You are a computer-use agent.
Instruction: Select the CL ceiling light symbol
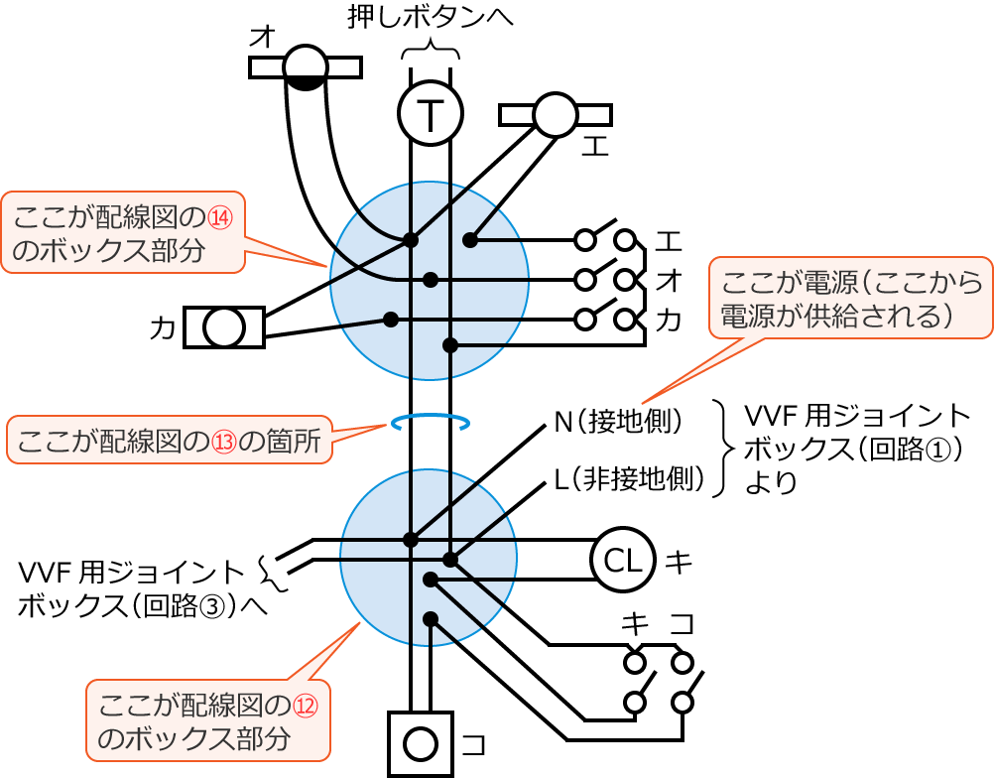[x=623, y=561]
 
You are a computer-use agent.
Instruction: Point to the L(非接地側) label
[x=628, y=483]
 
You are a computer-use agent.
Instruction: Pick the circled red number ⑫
[x=304, y=707]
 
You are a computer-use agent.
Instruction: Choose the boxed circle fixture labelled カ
[x=224, y=326]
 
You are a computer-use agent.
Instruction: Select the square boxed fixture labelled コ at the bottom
[x=421, y=743]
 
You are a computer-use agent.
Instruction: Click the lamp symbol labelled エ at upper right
[x=555, y=115]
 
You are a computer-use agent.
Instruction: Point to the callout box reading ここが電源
[x=850, y=297]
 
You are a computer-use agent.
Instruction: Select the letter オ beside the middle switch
[x=669, y=281]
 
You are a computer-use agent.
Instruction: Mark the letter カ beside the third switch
[x=669, y=320]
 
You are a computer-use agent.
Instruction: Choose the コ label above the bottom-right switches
[x=682, y=623]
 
